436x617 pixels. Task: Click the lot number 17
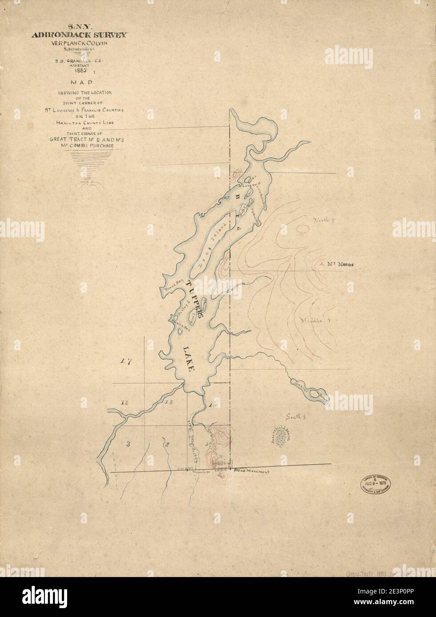pos(127,362)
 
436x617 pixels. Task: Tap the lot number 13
pos(168,403)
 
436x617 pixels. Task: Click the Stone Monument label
pos(252,471)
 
